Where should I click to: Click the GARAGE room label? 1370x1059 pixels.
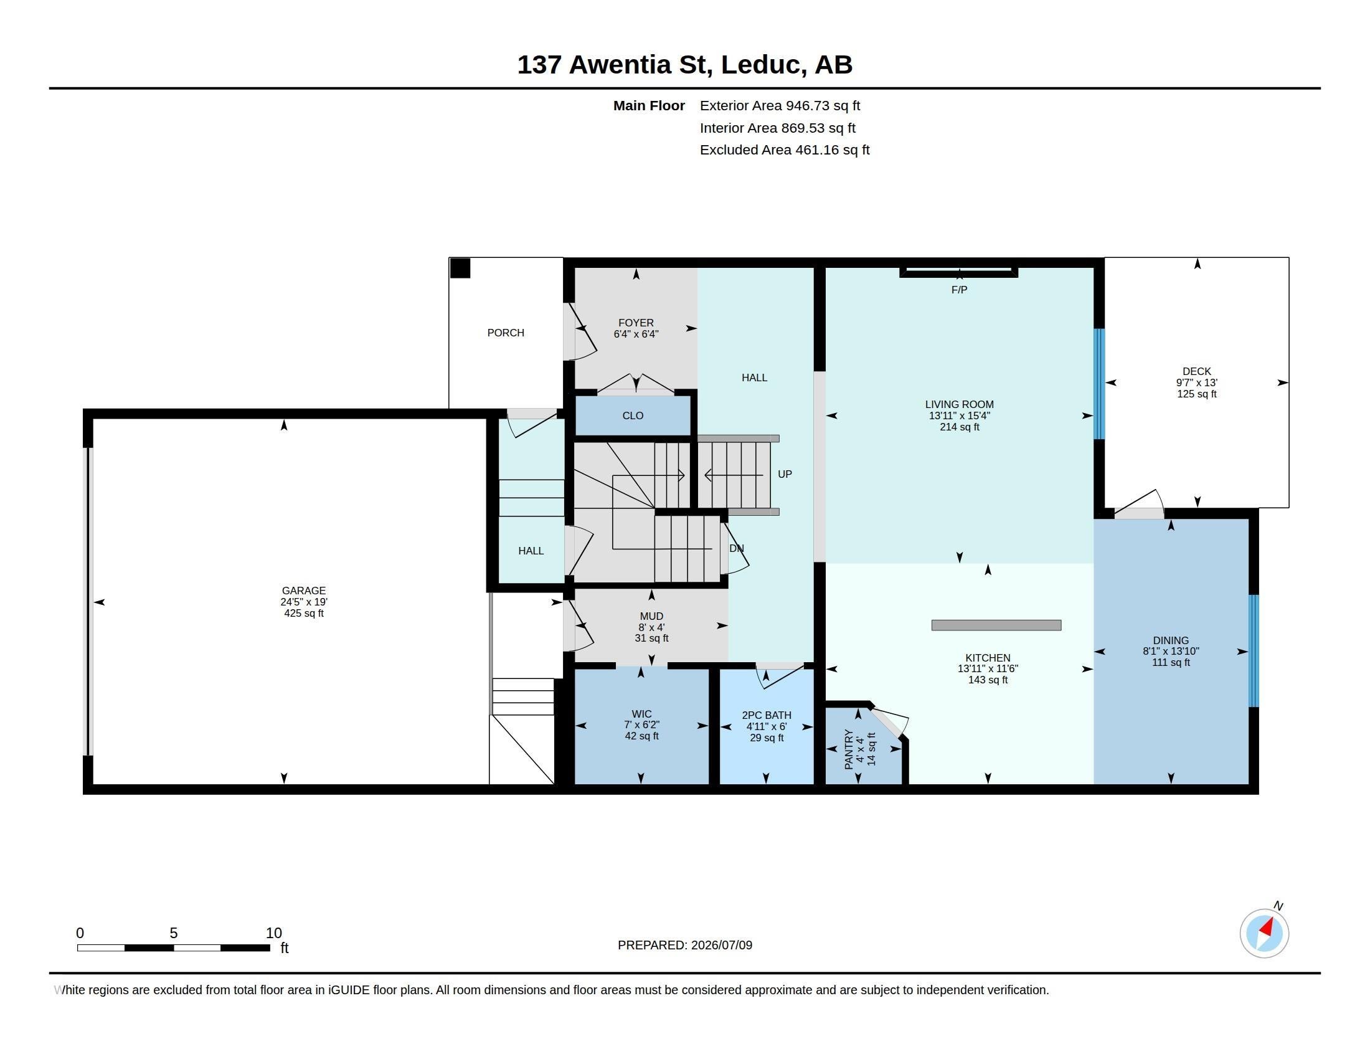click(x=304, y=591)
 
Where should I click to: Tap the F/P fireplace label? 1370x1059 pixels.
click(x=959, y=290)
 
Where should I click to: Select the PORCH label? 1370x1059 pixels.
click(x=506, y=333)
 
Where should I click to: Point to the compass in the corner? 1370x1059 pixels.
click(x=1264, y=933)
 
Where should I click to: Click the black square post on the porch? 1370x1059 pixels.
click(x=460, y=268)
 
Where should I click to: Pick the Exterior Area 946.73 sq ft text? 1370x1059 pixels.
click(x=780, y=106)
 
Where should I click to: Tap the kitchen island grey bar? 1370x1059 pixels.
click(x=996, y=625)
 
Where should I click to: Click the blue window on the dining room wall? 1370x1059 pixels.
click(x=1254, y=650)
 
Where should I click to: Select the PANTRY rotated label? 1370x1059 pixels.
click(x=849, y=748)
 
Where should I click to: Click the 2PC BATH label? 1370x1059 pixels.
click(x=767, y=715)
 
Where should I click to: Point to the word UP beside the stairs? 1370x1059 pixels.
click(x=785, y=474)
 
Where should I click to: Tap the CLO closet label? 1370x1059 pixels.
click(x=633, y=416)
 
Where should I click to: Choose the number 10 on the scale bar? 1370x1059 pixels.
click(x=273, y=933)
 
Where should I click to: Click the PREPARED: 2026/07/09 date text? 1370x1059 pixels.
click(x=685, y=945)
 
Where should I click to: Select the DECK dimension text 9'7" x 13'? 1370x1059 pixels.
click(x=1196, y=382)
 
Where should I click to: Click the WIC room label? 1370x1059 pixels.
click(x=641, y=714)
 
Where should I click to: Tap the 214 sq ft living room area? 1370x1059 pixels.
click(x=959, y=427)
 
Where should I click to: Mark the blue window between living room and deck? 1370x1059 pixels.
click(x=1099, y=384)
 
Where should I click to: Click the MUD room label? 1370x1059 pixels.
click(x=652, y=616)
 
